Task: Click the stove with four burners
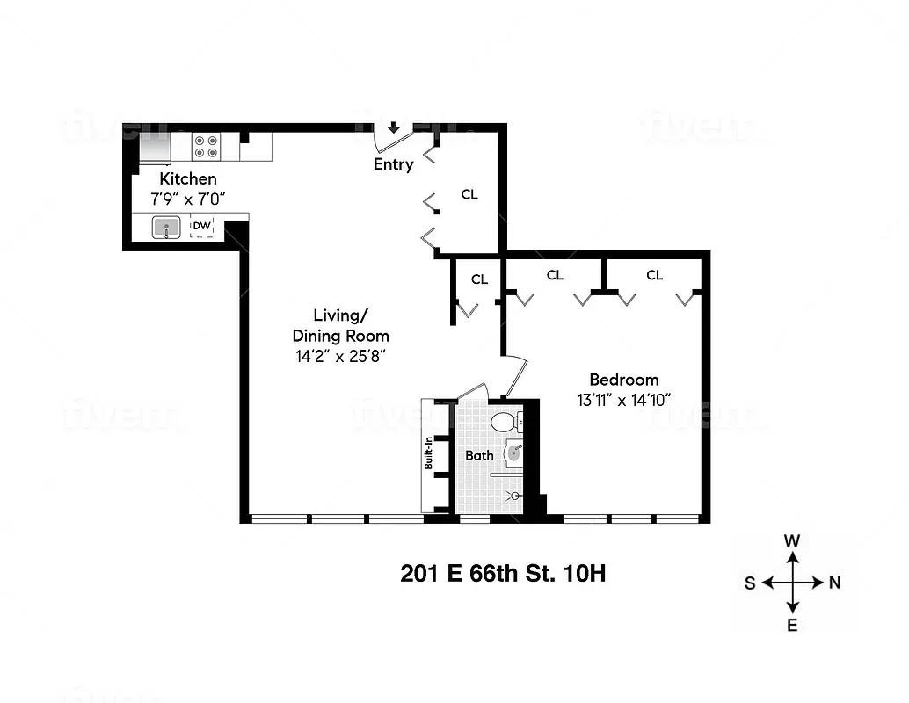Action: [206, 147]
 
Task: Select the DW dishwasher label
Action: [202, 225]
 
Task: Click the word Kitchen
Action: [187, 179]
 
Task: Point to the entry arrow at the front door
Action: [394, 128]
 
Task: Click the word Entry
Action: [393, 164]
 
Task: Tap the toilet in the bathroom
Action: [505, 423]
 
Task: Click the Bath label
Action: [479, 455]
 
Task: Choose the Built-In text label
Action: [429, 453]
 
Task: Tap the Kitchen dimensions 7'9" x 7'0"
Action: [186, 199]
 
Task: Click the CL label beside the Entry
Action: [469, 194]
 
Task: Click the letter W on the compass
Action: [792, 541]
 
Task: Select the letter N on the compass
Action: [835, 583]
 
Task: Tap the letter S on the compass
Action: [750, 583]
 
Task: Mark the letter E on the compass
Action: [792, 626]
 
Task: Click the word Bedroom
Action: [623, 380]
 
